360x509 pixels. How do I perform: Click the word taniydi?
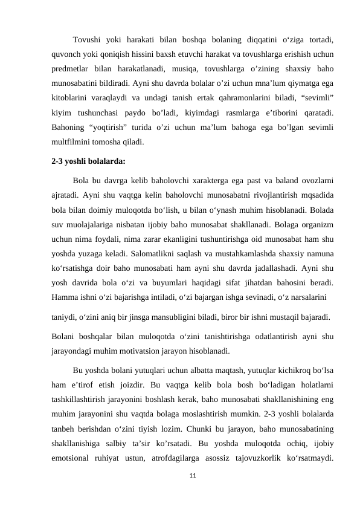[x=65, y=316]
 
